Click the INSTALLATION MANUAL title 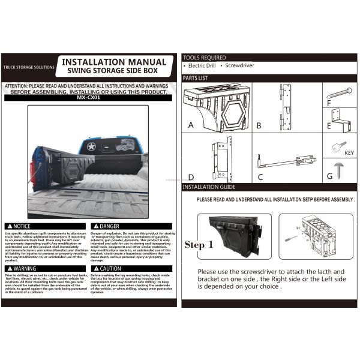pos(114,62)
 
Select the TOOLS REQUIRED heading pos(205,58)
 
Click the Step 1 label pos(199,245)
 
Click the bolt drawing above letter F pos(340,92)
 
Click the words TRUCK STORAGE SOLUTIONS pos(28,67)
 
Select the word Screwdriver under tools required pos(241,65)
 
